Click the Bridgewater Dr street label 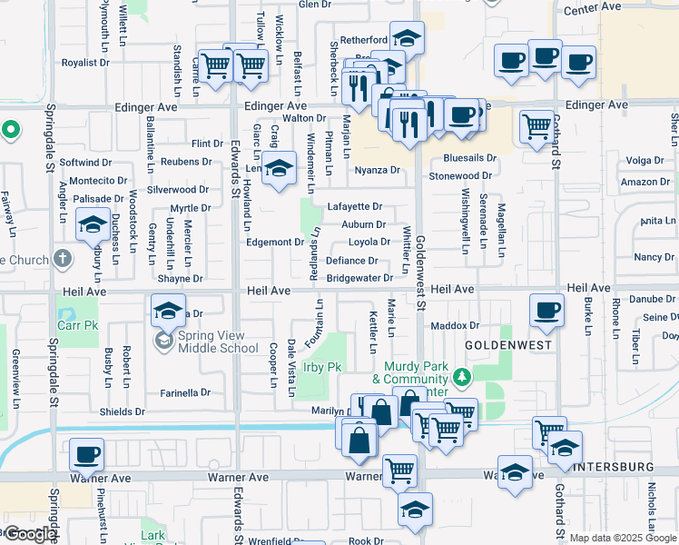pyautogui.click(x=359, y=278)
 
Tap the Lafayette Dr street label pyautogui.click(x=355, y=207)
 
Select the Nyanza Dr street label pyautogui.click(x=378, y=170)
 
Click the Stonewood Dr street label pyautogui.click(x=460, y=175)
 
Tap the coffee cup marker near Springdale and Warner pyautogui.click(x=87, y=454)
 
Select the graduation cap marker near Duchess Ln pyautogui.click(x=93, y=223)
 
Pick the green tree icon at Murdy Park pyautogui.click(x=462, y=375)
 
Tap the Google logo pyautogui.click(x=29, y=534)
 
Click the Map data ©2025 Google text pyautogui.click(x=623, y=538)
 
